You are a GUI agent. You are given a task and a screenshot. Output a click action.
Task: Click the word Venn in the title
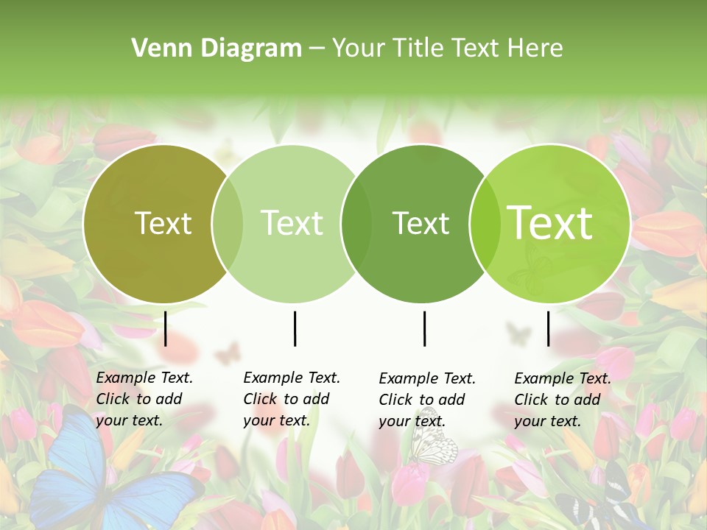click(x=156, y=49)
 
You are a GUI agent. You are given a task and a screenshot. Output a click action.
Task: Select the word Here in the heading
click(x=535, y=49)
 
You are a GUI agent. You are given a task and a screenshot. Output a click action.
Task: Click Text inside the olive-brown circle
click(x=163, y=223)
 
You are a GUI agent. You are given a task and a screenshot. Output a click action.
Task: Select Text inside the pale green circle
click(x=292, y=223)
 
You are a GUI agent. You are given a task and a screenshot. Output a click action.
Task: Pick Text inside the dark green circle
click(x=421, y=223)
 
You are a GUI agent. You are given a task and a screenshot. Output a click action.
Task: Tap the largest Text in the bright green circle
click(x=550, y=223)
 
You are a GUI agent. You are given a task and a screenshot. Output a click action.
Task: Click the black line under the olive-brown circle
click(x=166, y=328)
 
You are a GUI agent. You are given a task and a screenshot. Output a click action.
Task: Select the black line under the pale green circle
click(x=295, y=328)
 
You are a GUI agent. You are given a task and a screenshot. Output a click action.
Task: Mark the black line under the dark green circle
click(x=424, y=328)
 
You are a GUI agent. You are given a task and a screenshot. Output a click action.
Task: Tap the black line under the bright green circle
click(x=548, y=328)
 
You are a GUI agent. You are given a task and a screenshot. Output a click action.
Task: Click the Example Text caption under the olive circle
click(x=144, y=399)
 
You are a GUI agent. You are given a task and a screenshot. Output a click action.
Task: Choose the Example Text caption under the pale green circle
click(x=292, y=399)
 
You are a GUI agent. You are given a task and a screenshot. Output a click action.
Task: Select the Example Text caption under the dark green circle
click(x=427, y=400)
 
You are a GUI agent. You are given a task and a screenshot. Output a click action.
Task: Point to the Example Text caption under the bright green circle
click(x=563, y=400)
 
